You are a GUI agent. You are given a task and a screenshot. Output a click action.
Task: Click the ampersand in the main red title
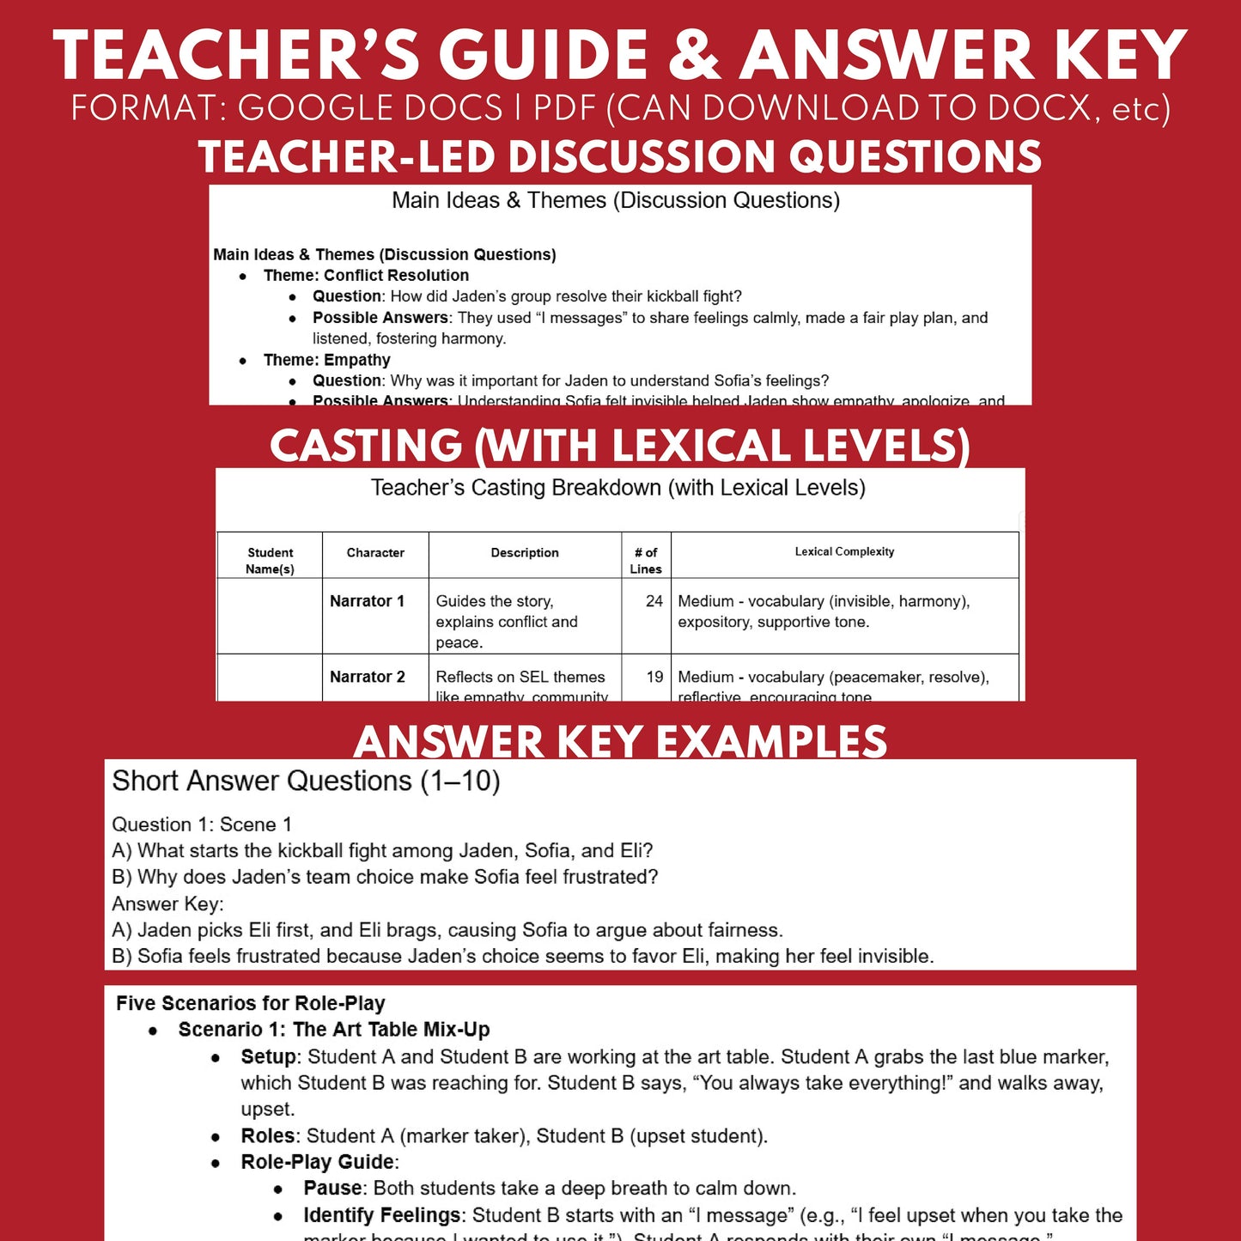click(693, 57)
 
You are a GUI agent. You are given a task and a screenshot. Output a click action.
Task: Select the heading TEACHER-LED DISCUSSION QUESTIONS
click(619, 157)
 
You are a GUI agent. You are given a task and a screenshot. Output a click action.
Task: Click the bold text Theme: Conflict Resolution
click(366, 276)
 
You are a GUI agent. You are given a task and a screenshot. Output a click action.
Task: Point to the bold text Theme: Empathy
click(326, 360)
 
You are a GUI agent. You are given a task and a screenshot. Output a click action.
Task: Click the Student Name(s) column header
click(270, 560)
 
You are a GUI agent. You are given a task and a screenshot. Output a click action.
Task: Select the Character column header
click(375, 553)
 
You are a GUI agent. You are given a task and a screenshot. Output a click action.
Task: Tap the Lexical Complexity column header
click(844, 552)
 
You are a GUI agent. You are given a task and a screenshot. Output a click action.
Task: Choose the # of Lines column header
click(646, 560)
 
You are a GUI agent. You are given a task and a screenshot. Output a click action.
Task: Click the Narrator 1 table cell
click(367, 601)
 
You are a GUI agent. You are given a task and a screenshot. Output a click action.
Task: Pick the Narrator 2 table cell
click(367, 677)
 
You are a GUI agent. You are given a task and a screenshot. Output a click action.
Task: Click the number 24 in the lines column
click(654, 601)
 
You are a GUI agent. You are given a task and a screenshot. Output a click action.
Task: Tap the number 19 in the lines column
click(654, 677)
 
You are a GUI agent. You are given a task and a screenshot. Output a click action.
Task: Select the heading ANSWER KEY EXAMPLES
click(620, 741)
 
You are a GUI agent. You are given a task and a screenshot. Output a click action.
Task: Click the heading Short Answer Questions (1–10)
click(306, 781)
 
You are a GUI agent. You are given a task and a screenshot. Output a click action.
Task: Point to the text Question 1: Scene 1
click(202, 824)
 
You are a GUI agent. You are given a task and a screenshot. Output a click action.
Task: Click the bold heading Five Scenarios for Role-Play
click(250, 1003)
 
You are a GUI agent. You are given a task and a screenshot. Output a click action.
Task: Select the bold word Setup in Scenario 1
click(269, 1056)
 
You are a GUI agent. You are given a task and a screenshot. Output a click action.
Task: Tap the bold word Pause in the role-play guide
click(332, 1188)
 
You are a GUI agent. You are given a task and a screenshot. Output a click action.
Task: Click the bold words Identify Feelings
click(381, 1215)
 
